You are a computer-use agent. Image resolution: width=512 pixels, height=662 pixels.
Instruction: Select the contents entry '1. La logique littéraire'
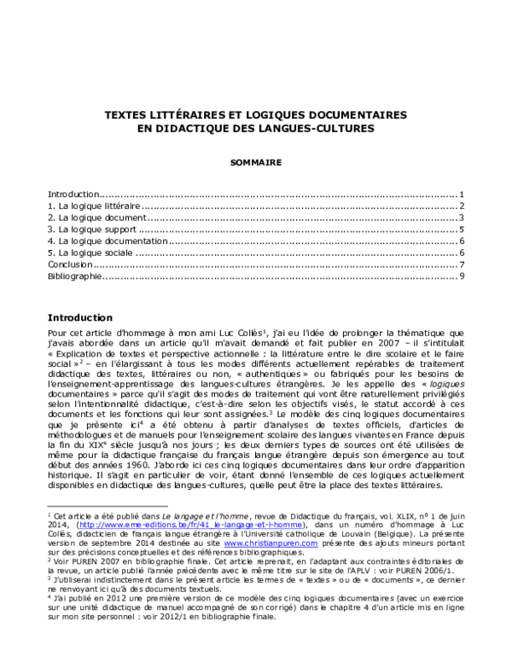[93, 206]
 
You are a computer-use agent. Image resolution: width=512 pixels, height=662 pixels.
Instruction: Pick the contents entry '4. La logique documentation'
[108, 241]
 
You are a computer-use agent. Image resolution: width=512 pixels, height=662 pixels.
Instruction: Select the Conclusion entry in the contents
[69, 265]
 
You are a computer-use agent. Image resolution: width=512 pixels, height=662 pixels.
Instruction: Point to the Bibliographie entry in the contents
[75, 276]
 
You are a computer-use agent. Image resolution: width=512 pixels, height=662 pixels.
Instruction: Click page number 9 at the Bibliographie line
[461, 276]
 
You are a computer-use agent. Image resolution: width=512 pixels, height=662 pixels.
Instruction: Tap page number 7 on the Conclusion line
[461, 265]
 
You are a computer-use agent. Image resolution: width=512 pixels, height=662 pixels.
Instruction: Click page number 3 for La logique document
[461, 218]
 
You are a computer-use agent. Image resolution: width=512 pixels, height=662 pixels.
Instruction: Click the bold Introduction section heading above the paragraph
[80, 316]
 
